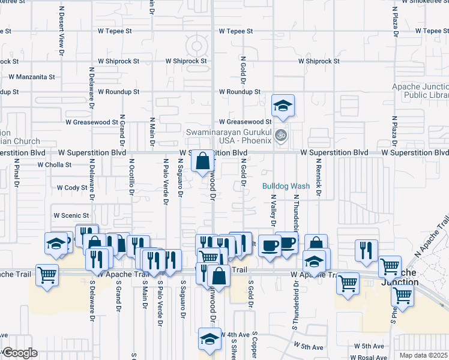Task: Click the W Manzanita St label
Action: (31, 77)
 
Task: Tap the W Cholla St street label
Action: (54, 164)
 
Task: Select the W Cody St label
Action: (72, 188)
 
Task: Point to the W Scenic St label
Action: (71, 215)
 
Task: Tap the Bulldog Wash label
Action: (286, 186)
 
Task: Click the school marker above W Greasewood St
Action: (282, 106)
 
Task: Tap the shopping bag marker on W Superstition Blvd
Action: (203, 160)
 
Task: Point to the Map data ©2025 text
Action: (423, 355)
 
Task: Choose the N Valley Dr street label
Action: (273, 210)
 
